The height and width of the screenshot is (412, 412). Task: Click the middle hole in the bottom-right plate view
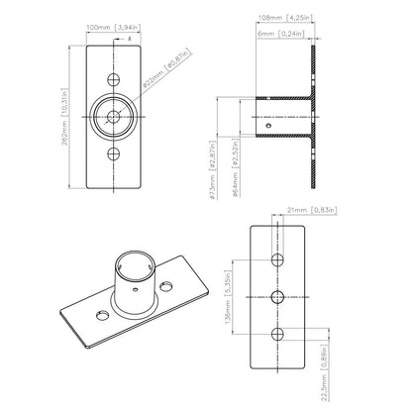pos(280,296)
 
